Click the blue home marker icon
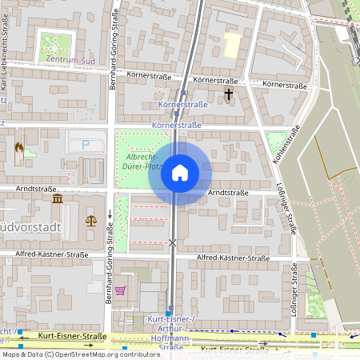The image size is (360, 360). coord(180,173)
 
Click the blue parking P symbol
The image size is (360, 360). coord(86,145)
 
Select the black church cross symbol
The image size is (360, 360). coord(229,94)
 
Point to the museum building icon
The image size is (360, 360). coord(58,198)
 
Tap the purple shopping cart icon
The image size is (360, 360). coord(120,290)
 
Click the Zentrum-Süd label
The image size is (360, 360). coord(56,59)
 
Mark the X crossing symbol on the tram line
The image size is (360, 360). coord(172,242)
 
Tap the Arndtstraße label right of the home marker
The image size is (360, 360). coord(230,193)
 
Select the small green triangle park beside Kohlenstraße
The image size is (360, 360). coord(278,142)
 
